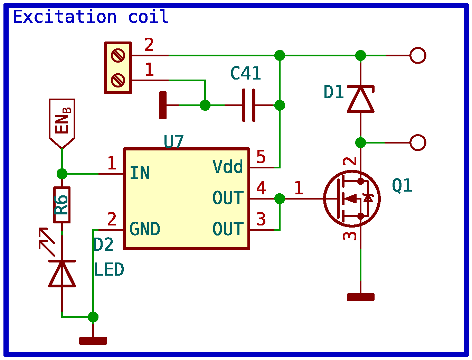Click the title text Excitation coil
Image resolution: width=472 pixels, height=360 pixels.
point(91,17)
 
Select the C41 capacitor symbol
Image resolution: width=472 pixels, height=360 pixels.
point(249,105)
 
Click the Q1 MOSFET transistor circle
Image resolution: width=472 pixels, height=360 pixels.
point(352,199)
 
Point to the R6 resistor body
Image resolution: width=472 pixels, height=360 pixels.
point(62,205)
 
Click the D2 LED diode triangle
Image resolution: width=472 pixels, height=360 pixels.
point(62,273)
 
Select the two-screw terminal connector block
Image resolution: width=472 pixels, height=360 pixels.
point(118,68)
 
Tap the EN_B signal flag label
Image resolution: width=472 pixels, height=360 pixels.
point(62,121)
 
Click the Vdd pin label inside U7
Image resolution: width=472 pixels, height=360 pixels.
point(228,167)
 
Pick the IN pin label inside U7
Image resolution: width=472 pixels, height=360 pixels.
point(140,173)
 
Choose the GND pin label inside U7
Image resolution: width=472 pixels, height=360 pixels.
point(145,229)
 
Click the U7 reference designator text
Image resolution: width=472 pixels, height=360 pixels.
point(173,142)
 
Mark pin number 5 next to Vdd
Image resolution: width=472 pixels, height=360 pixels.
point(261,157)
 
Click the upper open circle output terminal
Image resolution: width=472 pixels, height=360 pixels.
point(418,55)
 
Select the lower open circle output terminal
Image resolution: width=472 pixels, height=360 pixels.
point(418,142)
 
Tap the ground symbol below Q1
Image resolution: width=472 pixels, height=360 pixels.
point(360,297)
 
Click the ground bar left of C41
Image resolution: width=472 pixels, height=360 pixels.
point(163,105)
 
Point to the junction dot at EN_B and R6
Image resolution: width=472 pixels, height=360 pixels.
point(62,174)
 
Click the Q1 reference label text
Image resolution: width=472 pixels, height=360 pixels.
point(402,186)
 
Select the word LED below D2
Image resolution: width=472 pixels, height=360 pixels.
point(109,270)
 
